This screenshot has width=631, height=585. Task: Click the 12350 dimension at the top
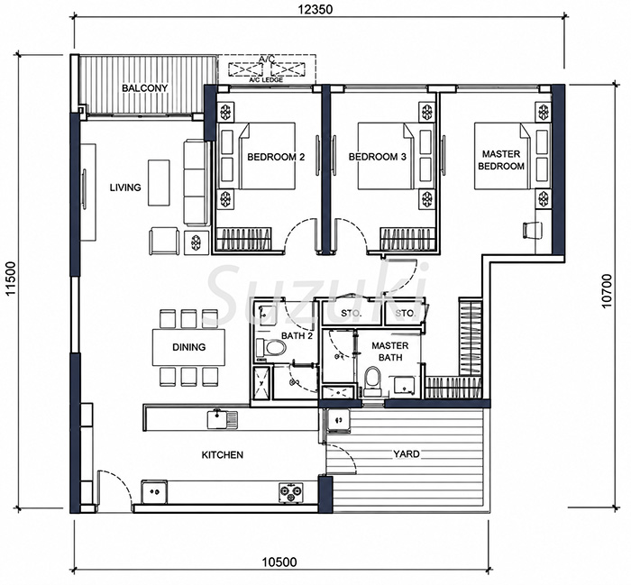click(x=315, y=9)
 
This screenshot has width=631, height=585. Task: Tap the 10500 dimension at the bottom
click(x=279, y=562)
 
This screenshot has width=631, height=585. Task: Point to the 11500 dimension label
click(x=11, y=279)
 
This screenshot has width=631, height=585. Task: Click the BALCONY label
click(x=145, y=88)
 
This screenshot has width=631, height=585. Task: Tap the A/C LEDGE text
click(x=266, y=79)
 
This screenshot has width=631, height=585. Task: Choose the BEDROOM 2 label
click(x=276, y=157)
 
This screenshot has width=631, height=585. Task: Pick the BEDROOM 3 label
click(x=378, y=157)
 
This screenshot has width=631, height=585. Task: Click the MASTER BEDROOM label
click(x=501, y=160)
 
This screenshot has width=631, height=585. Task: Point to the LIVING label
click(x=125, y=187)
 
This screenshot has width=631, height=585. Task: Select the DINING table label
click(x=188, y=347)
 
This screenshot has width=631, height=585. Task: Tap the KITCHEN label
click(x=222, y=455)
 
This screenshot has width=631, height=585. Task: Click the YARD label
click(x=407, y=454)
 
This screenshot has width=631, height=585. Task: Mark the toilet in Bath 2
click(x=270, y=347)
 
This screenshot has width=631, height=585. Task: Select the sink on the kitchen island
click(x=223, y=419)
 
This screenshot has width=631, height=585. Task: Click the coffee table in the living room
click(x=159, y=183)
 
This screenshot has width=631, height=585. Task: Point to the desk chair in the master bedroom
click(x=531, y=231)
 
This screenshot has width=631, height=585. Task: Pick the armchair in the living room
click(x=164, y=241)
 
